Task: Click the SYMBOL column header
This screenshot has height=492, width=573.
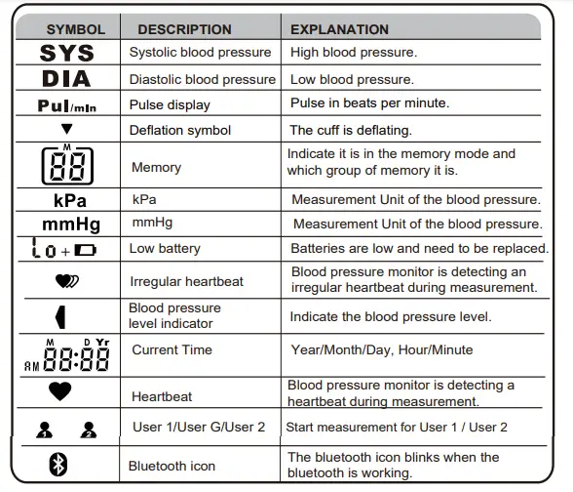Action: (75, 29)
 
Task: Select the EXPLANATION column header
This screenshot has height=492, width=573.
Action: (339, 29)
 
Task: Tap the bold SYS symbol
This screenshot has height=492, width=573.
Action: (67, 53)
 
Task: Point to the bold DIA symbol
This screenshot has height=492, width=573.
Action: (66, 79)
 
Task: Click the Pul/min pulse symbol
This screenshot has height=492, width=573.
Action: (66, 104)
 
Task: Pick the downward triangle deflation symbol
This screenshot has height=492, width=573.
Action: (66, 129)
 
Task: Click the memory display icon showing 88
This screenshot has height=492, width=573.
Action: (67, 166)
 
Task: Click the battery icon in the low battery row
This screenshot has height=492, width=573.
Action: (86, 250)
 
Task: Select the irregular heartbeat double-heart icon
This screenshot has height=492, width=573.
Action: (68, 281)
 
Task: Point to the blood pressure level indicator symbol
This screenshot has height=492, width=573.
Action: (60, 316)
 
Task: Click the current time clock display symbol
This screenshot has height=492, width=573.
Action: (66, 357)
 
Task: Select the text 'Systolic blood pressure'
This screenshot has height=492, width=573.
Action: (202, 53)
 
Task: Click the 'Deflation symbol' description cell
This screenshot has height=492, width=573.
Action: (180, 130)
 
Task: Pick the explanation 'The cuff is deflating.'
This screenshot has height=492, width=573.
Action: (351, 130)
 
